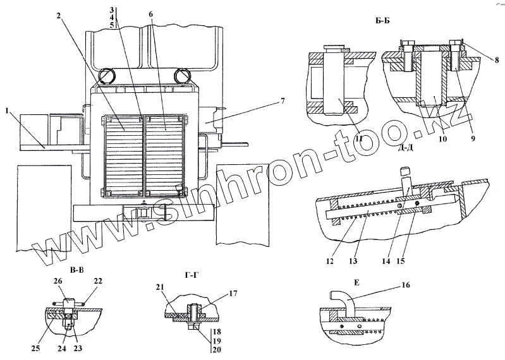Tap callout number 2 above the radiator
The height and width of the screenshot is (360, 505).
click(x=58, y=16)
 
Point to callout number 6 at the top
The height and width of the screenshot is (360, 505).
click(x=150, y=14)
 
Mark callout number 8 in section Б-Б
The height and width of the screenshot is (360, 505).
click(x=497, y=60)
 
